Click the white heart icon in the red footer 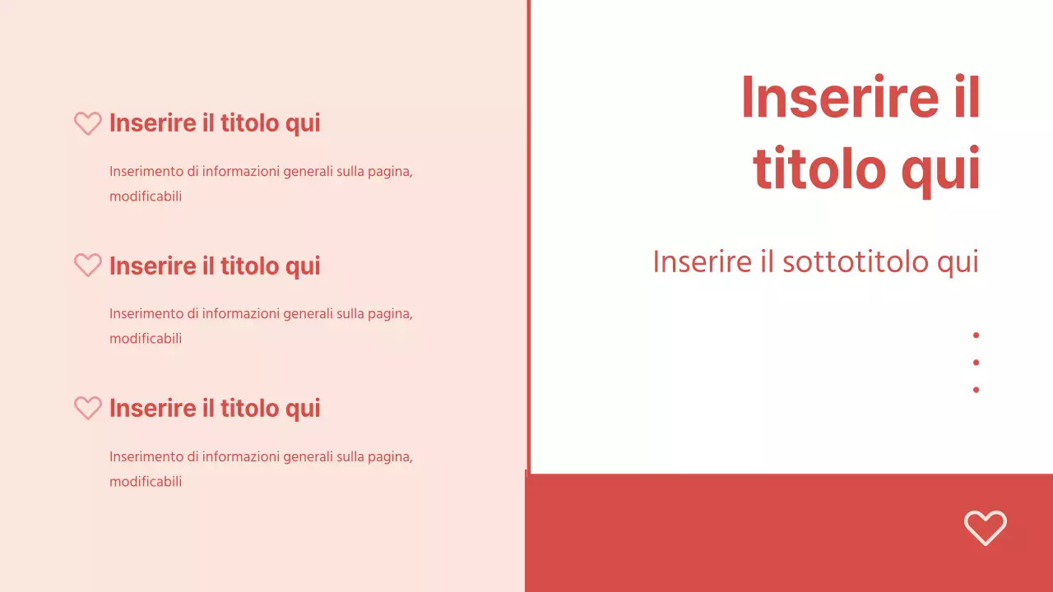point(985,527)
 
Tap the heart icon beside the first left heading point(88,123)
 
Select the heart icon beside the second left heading point(88,265)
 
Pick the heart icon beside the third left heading point(88,408)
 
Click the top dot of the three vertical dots point(976,335)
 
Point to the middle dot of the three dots point(976,362)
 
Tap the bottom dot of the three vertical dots point(976,390)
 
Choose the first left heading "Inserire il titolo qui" point(215,123)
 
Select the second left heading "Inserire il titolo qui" point(215,266)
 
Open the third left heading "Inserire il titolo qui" point(215,408)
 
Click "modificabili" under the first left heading point(146,197)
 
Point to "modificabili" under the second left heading point(146,339)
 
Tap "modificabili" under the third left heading point(146,482)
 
